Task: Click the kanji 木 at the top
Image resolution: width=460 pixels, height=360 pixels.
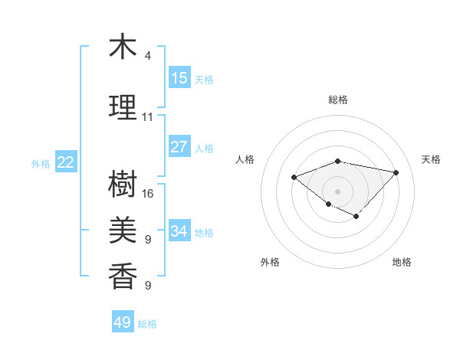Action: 123,47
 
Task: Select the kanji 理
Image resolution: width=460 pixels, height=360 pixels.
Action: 123,108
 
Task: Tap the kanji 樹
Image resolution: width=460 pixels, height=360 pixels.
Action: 123,184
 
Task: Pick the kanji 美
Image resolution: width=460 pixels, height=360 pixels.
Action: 123,231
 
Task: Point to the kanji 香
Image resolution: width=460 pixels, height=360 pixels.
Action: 123,277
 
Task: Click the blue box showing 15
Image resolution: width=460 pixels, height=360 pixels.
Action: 179,78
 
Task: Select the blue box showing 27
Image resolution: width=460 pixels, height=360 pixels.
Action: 179,147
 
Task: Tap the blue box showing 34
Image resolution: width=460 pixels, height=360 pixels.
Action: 179,231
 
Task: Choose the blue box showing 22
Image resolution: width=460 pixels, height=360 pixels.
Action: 66,162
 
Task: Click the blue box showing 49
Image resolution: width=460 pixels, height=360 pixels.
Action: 123,322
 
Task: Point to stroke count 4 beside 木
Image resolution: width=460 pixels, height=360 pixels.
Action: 148,56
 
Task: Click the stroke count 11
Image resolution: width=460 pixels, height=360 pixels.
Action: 148,117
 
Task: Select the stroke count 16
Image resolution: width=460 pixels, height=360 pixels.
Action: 148,194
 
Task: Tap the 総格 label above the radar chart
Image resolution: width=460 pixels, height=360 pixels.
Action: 338,100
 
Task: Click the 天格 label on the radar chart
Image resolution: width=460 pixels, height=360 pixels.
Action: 431,159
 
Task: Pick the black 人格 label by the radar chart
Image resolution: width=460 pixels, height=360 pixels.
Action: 245,159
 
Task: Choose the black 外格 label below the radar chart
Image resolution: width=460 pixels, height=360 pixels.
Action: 270,262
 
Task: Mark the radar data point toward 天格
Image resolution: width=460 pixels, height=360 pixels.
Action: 396,172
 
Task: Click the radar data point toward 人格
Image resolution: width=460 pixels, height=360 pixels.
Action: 294,177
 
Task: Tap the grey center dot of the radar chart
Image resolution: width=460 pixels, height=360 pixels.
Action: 337,191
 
